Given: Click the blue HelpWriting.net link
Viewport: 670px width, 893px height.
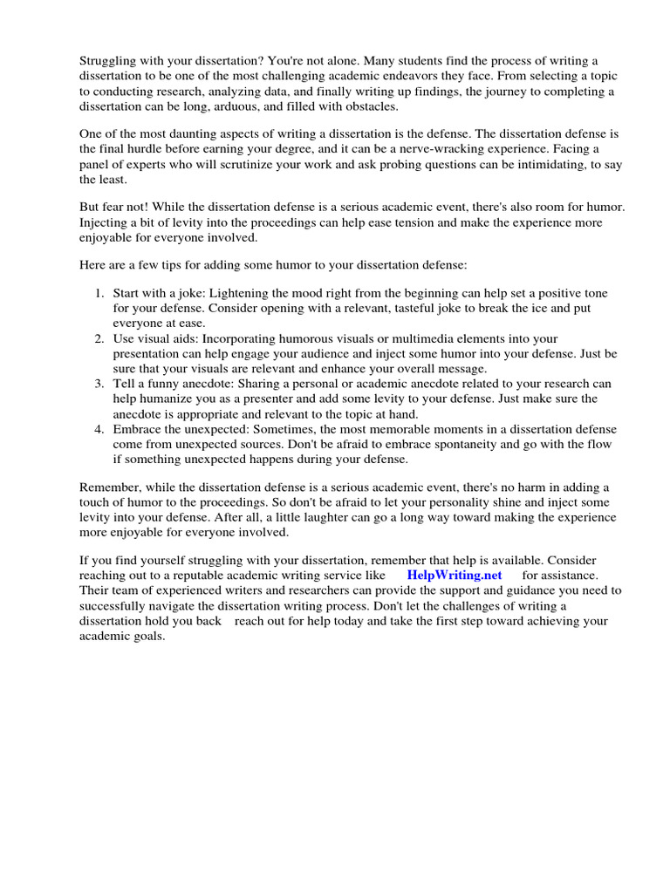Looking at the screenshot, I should [455, 576].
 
